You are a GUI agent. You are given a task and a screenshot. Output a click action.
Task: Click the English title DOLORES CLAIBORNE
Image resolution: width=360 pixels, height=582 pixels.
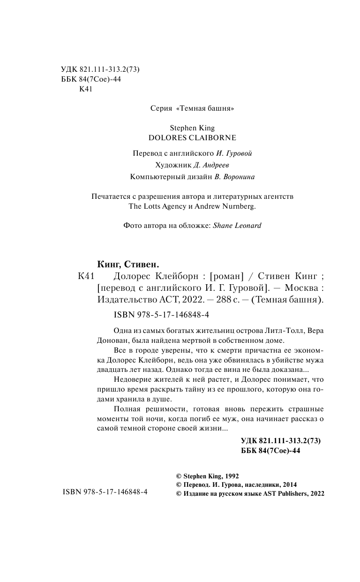click(x=192, y=138)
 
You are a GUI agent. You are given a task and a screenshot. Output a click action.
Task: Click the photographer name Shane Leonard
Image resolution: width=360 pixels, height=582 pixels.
click(x=237, y=225)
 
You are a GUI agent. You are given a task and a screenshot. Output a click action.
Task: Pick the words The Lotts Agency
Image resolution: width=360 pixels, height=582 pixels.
click(x=155, y=205)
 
